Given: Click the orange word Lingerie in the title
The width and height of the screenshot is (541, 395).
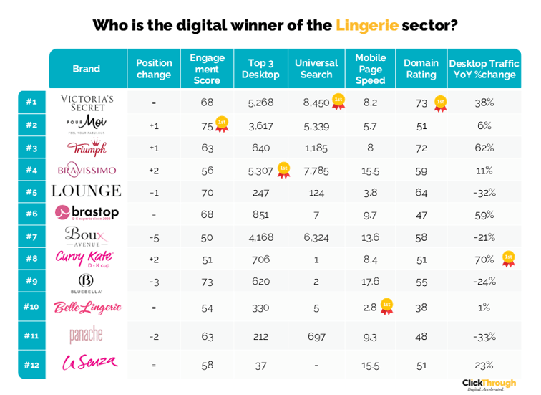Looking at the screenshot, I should click(x=366, y=26).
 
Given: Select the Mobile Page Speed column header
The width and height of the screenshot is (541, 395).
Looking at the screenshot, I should click(x=370, y=69).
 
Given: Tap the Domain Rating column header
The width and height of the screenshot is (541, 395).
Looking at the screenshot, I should click(x=421, y=69).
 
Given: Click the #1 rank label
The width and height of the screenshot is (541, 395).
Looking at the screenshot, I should click(x=31, y=103).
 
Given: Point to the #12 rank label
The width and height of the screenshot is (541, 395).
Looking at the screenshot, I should click(x=31, y=364).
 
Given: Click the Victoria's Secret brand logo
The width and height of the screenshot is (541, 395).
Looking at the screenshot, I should click(x=87, y=103).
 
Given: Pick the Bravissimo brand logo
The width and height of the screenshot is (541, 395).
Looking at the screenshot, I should click(x=87, y=170).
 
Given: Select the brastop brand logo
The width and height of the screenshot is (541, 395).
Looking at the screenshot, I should click(x=87, y=213).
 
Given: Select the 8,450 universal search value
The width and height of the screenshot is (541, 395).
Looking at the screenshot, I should click(x=316, y=103).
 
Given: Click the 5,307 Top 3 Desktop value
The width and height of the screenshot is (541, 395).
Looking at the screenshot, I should click(x=260, y=171).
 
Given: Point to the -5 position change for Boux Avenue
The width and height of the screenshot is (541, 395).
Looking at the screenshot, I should click(x=154, y=237).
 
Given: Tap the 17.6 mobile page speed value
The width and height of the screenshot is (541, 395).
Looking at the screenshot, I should click(x=370, y=282).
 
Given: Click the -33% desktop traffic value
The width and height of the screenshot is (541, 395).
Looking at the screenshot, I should click(x=484, y=335).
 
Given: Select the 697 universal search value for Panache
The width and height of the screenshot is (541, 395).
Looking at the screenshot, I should click(x=316, y=335).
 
